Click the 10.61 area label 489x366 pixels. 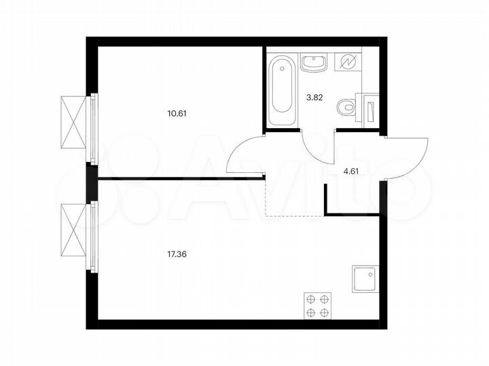(177, 113)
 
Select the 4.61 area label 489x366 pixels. (350, 171)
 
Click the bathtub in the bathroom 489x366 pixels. (281, 93)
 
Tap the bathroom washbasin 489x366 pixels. (313, 64)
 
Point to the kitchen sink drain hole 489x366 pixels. (370, 275)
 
